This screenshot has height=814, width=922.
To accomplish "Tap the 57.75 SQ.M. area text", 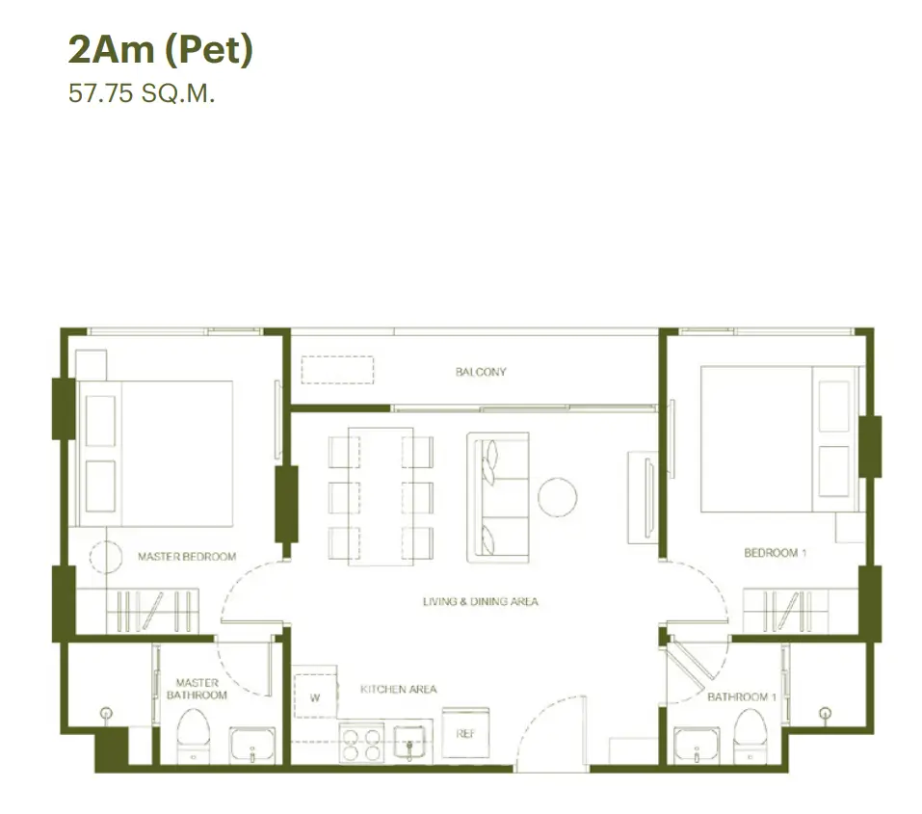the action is tap(142, 93).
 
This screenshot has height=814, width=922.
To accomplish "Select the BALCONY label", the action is tap(481, 372).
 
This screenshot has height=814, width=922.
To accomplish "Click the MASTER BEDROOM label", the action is tap(187, 557).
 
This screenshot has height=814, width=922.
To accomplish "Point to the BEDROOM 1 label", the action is tap(775, 553).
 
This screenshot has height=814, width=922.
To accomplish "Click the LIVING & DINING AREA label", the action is tap(481, 601).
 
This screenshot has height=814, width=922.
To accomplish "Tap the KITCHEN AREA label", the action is tap(399, 689).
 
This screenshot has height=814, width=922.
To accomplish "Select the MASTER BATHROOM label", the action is tap(197, 689).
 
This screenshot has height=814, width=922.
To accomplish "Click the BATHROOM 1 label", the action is tap(742, 697).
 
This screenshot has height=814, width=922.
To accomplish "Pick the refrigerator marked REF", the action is tap(465, 733).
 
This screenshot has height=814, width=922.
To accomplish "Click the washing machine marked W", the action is tap(315, 692).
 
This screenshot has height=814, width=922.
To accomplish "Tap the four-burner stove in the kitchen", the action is tap(361, 743).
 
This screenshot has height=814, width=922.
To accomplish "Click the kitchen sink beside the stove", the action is tap(409, 744).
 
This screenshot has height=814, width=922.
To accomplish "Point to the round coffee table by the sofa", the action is tap(558, 498).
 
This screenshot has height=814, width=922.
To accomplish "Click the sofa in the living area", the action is tap(498, 498).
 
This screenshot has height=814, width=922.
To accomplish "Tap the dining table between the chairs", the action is tap(381, 496).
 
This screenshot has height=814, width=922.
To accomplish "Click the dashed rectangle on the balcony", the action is tap(337, 370).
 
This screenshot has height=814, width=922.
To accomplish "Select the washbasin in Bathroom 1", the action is tap(697, 745).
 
